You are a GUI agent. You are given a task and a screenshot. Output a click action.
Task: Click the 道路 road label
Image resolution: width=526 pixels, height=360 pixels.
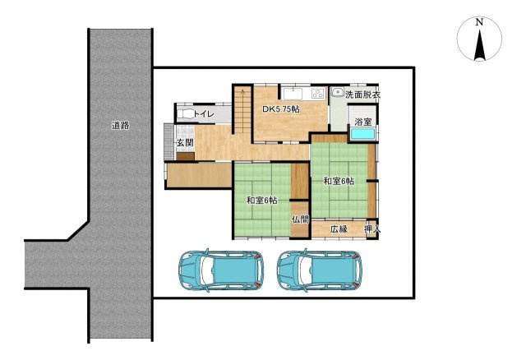click(x=121, y=126)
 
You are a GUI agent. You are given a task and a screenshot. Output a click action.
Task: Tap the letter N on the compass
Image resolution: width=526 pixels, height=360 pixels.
click(x=479, y=22)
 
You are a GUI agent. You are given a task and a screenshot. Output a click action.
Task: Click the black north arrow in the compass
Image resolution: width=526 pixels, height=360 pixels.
click(x=480, y=45)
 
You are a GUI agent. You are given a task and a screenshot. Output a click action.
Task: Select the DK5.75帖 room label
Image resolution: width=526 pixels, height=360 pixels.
click(x=281, y=109)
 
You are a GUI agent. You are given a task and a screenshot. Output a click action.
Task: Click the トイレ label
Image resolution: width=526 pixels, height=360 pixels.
click(x=204, y=113)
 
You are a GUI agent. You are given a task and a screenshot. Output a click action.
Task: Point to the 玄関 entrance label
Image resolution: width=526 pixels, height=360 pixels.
click(x=185, y=142)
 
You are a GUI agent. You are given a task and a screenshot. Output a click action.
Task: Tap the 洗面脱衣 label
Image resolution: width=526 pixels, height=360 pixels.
click(x=362, y=95)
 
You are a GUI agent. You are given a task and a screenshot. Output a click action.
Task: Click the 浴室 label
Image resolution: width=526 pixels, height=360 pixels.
click(x=363, y=122)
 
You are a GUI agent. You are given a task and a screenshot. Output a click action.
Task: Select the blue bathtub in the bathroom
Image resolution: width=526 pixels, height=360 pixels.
click(x=362, y=134)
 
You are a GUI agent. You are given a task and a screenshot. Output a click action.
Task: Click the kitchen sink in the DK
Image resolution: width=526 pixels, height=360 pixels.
click(x=293, y=94)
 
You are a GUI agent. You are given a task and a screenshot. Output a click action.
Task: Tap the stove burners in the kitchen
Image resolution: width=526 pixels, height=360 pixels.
click(x=318, y=94)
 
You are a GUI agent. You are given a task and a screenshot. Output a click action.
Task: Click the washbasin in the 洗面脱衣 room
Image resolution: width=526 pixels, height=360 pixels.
click(x=336, y=91)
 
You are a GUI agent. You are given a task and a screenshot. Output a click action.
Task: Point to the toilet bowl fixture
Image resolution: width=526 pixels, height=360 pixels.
click(x=185, y=114)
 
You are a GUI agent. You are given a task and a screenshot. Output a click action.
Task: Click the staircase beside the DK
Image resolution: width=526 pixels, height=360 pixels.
click(x=243, y=110)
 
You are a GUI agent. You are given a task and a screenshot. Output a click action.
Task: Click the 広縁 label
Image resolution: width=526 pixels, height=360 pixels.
click(x=339, y=229)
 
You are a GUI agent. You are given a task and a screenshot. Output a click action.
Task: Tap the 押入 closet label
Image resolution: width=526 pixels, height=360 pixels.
click(x=372, y=229)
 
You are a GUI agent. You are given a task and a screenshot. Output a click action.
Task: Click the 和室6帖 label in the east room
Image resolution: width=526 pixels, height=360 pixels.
click(x=339, y=181)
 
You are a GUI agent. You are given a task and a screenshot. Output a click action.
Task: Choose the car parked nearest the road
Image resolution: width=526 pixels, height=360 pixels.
click(x=221, y=270)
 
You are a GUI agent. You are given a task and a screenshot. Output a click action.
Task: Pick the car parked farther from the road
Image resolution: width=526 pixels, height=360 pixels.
click(x=320, y=270)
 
